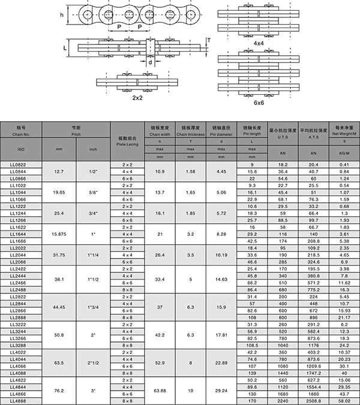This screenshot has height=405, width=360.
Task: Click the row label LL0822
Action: point(20,164)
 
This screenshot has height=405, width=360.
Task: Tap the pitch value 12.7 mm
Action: point(59,171)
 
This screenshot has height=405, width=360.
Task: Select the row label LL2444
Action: point(20,275)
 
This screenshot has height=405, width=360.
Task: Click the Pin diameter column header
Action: point(221,131)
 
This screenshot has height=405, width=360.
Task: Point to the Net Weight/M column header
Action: point(344,131)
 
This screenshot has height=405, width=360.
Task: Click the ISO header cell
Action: point(20,148)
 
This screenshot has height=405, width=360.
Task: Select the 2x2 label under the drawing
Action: point(138,97)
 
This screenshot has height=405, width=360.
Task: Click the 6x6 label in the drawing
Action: point(259,103)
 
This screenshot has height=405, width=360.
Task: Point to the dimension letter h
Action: point(70,16)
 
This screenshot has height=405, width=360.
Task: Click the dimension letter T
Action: point(208,40)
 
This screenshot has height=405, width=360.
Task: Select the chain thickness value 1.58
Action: point(190,171)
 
